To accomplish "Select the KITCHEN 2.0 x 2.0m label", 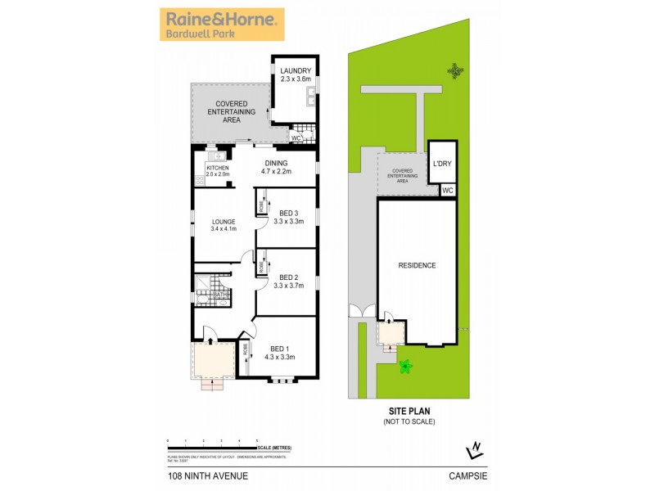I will coord(218,170).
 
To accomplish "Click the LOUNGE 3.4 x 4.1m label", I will coord(224,225).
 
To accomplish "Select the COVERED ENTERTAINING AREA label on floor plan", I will coord(231,111).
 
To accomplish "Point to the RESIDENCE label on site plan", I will coord(417,265).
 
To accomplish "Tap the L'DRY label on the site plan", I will coord(442,163).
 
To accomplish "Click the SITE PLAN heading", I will coord(409,412).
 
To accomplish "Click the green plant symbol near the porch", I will coord(404,366).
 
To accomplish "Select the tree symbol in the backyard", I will coord(455,71).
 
